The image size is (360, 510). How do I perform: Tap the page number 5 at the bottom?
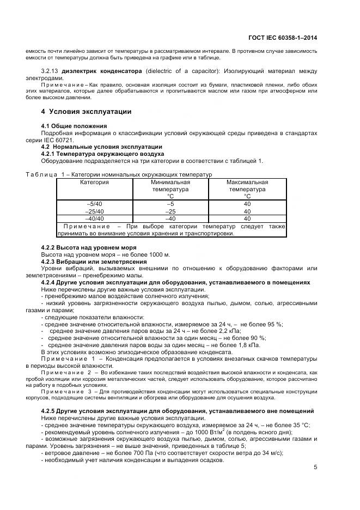coord(315,466)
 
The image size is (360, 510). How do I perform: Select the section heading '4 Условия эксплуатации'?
coord(86,112)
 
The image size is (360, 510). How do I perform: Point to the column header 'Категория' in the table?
coord(94,182)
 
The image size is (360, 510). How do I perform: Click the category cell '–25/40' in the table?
coord(94,211)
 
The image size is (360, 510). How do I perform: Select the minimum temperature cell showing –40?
coord(170,218)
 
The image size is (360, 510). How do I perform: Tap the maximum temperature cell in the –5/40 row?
coord(247,204)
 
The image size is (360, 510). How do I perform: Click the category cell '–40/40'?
coord(94,218)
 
